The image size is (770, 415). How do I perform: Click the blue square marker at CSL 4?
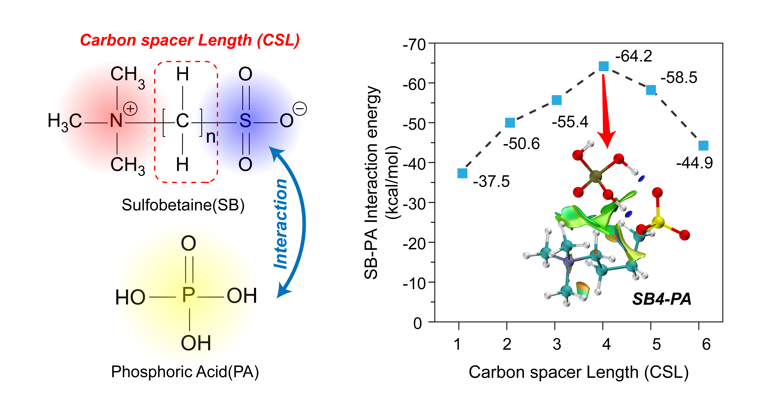click(x=603, y=66)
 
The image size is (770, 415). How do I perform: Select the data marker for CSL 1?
click(x=462, y=173)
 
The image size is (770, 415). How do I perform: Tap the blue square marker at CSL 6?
click(x=703, y=145)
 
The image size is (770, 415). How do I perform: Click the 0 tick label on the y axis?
click(x=418, y=323)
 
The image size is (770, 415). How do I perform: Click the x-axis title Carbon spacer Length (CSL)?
click(x=578, y=372)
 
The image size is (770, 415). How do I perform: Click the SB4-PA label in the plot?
click(x=661, y=299)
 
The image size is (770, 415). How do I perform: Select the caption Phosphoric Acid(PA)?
click(x=185, y=372)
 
